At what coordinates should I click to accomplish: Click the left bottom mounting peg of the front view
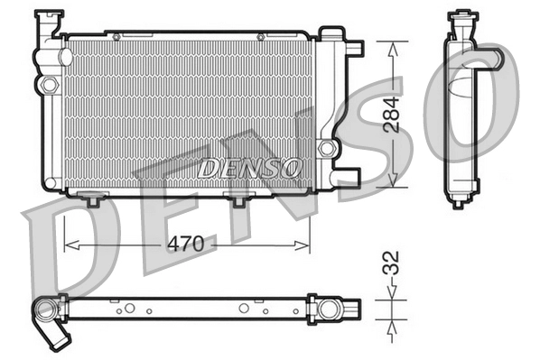91,198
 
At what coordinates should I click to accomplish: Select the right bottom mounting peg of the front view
239,200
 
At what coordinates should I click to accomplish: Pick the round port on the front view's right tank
326,147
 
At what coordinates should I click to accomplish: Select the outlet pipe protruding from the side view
489,60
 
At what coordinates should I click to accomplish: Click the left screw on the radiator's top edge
115,36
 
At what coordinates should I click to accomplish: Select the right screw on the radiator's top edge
260,36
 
